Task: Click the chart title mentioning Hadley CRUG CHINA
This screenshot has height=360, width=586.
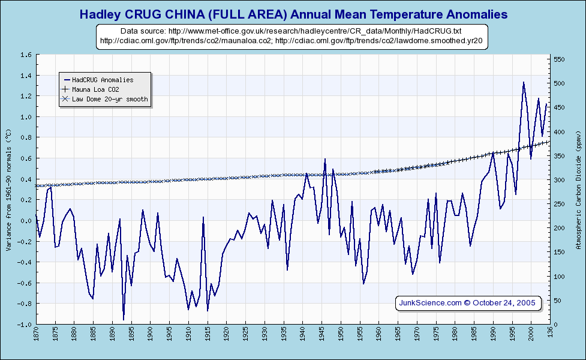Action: [293, 14]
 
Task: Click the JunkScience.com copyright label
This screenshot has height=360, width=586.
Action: [468, 302]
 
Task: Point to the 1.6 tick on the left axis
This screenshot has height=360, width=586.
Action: [26, 55]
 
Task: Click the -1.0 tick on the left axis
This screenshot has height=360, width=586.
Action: [25, 325]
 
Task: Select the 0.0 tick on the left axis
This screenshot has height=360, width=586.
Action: [26, 221]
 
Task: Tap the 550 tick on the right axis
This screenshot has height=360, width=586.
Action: [559, 59]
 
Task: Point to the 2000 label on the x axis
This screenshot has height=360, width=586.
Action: [531, 335]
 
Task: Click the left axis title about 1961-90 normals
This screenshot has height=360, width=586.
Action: [8, 189]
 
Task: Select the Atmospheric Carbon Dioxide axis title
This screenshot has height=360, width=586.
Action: [579, 189]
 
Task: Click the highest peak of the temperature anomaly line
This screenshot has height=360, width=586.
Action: [524, 82]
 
